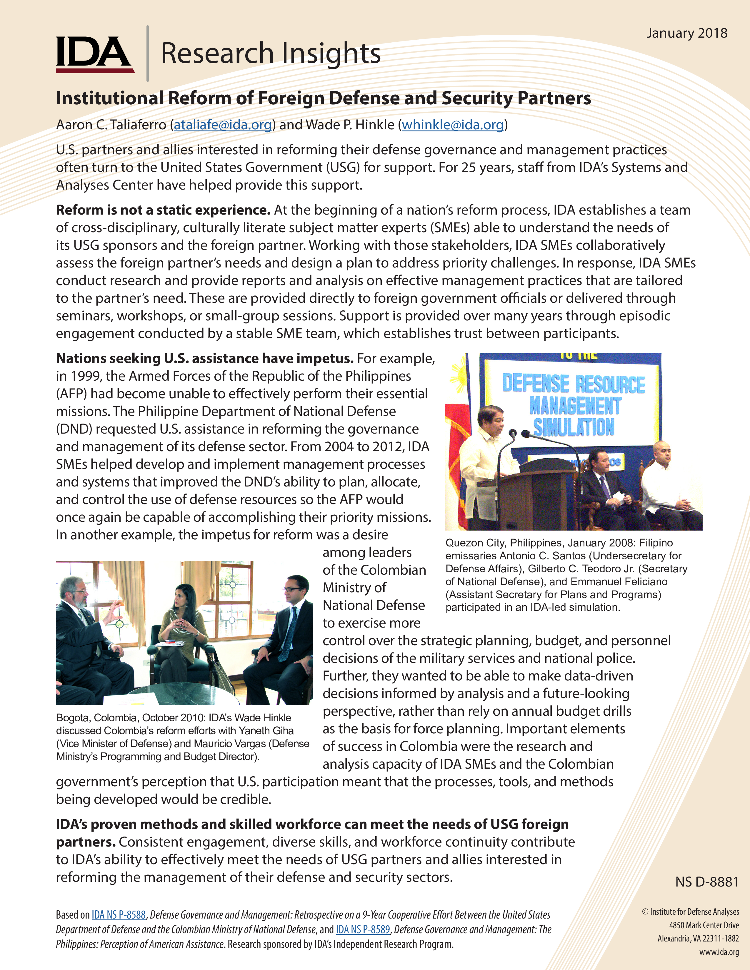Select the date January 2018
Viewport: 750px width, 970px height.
[686, 33]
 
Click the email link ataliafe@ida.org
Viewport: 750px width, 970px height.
[223, 125]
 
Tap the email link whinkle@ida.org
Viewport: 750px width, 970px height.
[452, 125]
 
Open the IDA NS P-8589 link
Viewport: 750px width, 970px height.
[363, 929]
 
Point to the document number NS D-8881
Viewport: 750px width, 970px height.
[706, 882]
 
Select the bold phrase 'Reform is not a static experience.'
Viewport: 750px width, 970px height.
[163, 210]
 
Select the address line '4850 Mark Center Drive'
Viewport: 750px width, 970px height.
[704, 925]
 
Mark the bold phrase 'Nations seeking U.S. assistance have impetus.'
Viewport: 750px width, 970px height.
[204, 358]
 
